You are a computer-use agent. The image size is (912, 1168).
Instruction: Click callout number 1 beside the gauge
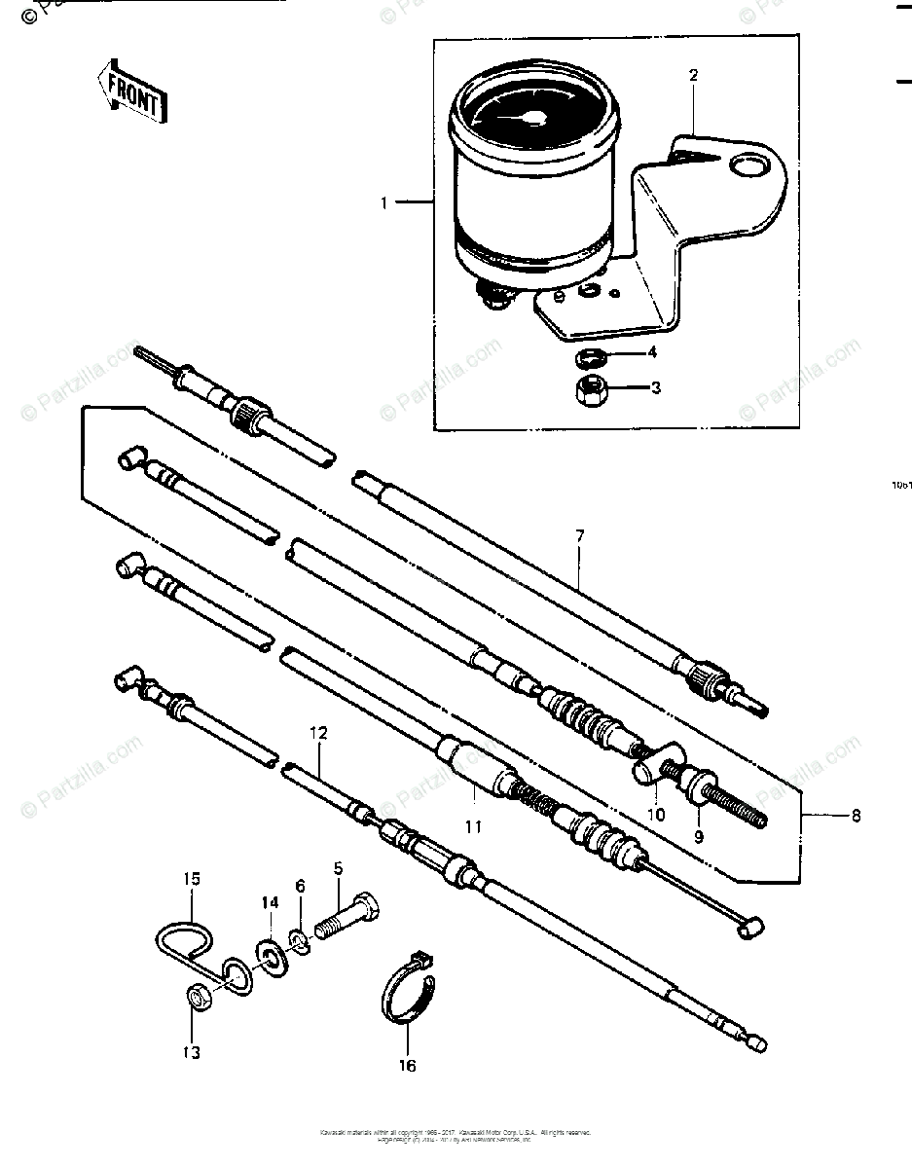(384, 203)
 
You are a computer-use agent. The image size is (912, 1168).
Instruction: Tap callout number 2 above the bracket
(694, 75)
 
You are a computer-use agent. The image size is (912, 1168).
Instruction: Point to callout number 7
(579, 536)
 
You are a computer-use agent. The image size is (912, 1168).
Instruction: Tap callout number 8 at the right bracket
(856, 816)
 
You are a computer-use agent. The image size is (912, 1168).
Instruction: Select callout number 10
(656, 814)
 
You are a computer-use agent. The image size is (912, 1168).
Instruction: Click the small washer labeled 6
(300, 941)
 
